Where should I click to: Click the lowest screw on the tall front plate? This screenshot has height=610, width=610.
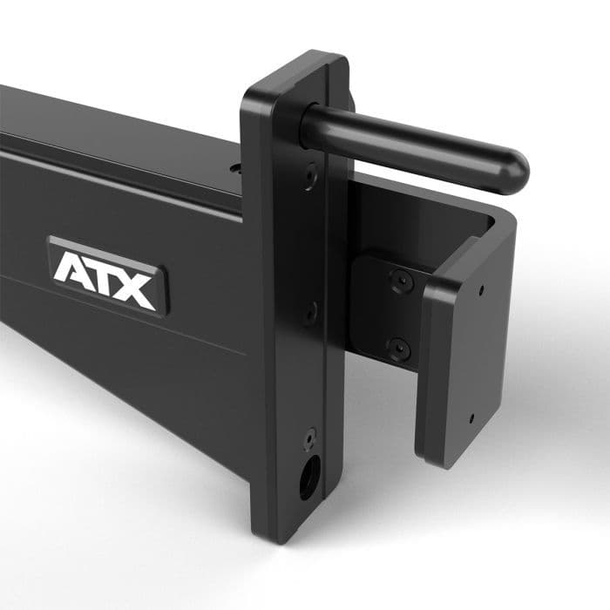309,436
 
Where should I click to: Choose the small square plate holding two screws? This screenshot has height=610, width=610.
388,314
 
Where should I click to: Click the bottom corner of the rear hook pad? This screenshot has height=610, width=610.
440,462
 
